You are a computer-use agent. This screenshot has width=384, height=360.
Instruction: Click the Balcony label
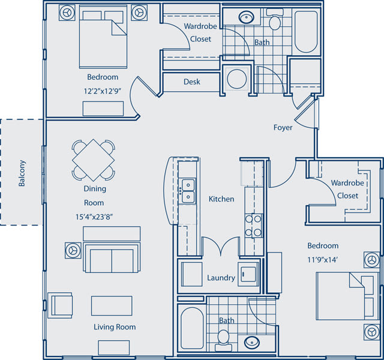coord(22,173)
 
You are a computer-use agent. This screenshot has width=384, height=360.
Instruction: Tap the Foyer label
coord(283,127)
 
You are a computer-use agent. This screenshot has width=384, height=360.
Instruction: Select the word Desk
coord(192,82)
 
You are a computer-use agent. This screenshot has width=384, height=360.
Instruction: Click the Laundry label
coord(220,278)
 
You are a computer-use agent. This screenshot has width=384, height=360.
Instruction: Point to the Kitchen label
coord(221,199)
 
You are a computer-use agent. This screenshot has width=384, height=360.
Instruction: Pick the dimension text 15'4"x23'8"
coord(94,214)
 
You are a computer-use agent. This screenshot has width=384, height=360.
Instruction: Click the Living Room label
coord(114,327)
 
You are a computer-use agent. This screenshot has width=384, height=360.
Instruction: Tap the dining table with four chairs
coord(94,160)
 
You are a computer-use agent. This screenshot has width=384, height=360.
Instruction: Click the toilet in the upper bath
coord(275,23)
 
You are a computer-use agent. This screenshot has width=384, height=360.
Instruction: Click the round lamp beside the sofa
coord(73,249)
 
